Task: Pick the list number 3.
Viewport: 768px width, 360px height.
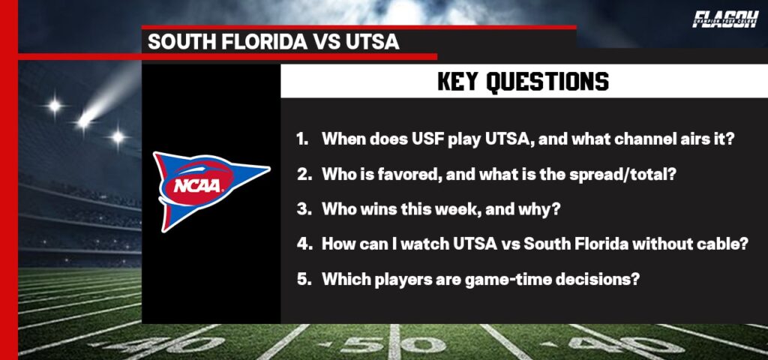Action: click(x=302, y=209)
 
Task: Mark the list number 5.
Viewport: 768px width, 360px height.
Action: click(x=302, y=279)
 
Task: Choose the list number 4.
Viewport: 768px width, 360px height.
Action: click(x=302, y=244)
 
